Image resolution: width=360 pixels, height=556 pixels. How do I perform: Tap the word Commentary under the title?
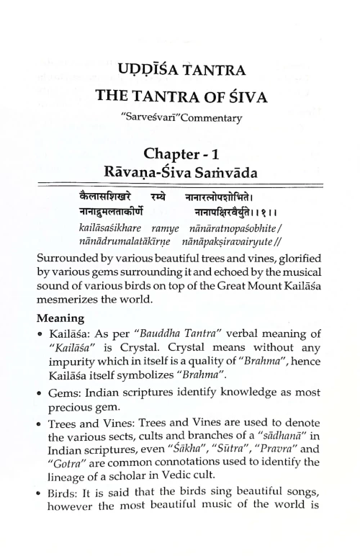pyautogui.click(x=212, y=117)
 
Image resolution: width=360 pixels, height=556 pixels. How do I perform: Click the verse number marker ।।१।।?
pyautogui.click(x=265, y=213)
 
